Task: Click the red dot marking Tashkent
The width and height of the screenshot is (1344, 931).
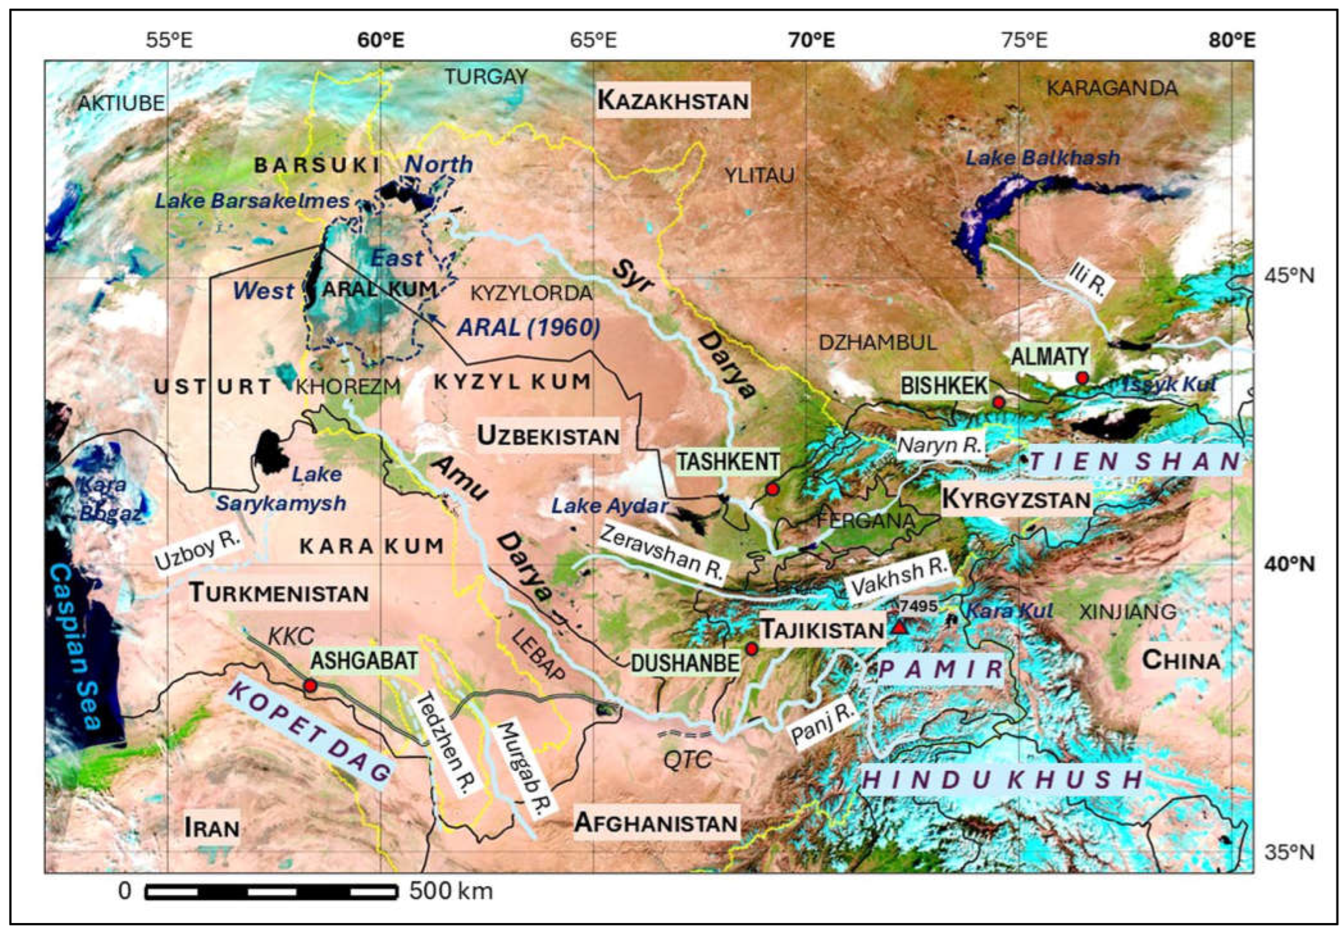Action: [x=772, y=489]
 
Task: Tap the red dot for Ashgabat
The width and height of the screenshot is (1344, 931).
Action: [x=310, y=685]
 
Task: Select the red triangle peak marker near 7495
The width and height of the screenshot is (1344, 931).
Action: [x=899, y=627]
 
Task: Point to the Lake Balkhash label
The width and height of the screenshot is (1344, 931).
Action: [x=1043, y=157]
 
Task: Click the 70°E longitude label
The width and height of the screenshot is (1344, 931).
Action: [x=811, y=40]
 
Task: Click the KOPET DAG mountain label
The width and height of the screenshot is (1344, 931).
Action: [x=309, y=732]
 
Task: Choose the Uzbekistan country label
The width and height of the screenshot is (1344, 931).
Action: [x=548, y=436]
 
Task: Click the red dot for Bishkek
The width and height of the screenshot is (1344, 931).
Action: [x=998, y=402]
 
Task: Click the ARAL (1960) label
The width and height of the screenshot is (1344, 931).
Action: [x=529, y=328]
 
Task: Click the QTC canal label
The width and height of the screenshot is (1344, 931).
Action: [x=687, y=760]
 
